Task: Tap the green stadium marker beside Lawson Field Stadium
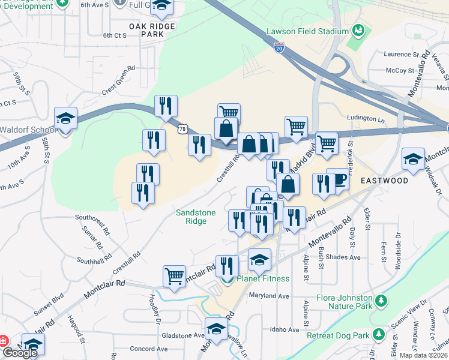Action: coord(358,29)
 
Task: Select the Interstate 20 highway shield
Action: coord(279,48)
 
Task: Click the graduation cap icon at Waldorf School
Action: coord(65,118)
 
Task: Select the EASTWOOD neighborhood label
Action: coord(384,180)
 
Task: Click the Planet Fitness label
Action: coord(263,278)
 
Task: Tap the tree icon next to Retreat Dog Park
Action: coord(378,334)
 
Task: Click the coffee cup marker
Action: coord(338,181)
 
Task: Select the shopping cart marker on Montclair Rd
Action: coord(174,276)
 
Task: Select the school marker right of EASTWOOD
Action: coord(413,159)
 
